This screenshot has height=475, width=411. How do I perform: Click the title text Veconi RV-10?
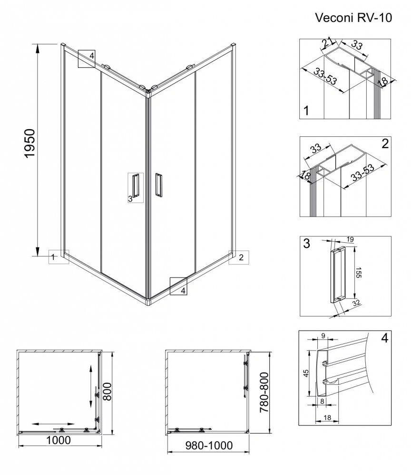coord(353,18)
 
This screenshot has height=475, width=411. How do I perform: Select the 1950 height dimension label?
coord(30,143)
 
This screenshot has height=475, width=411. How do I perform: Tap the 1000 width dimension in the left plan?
coord(58,440)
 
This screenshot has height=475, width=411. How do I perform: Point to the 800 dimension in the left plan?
coord(107,391)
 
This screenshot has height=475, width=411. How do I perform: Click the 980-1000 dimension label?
coord(209,446)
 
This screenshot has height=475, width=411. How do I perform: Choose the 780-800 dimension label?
coord(264,392)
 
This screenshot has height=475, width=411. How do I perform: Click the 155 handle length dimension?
coord(358,273)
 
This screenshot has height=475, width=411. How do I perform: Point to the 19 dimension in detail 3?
coord(350,239)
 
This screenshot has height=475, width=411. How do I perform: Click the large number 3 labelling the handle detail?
coord(307,244)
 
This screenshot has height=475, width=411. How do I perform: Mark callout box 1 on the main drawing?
coord(59,257)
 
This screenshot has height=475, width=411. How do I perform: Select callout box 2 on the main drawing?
coord(239,257)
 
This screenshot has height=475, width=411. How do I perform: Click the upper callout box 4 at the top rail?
coord(87,58)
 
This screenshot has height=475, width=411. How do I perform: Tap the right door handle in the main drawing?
coord(158,185)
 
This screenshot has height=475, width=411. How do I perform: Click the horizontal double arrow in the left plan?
coord(53,424)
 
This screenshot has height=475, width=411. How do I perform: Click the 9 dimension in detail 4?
coord(323,335)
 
